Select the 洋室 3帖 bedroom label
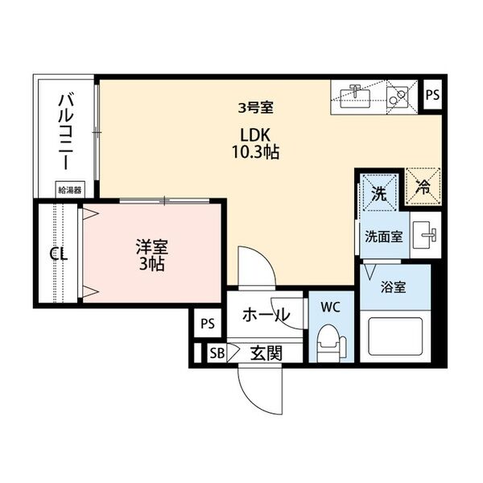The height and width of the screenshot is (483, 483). point(151,255)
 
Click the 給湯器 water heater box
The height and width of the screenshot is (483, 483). point(68,190)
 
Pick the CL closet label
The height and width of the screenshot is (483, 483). point(58,254)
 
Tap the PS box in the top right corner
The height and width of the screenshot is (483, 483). point(433,94)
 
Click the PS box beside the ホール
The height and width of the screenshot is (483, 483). point(207,324)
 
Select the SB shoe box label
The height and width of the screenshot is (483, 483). point(216,352)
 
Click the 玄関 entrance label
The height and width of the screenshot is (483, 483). point(264,352)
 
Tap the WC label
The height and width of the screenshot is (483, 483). point(330,307)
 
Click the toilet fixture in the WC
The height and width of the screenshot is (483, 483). point(329,341)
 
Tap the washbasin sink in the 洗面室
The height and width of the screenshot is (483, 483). point(425,237)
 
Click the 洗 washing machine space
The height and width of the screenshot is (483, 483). point(378,192)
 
